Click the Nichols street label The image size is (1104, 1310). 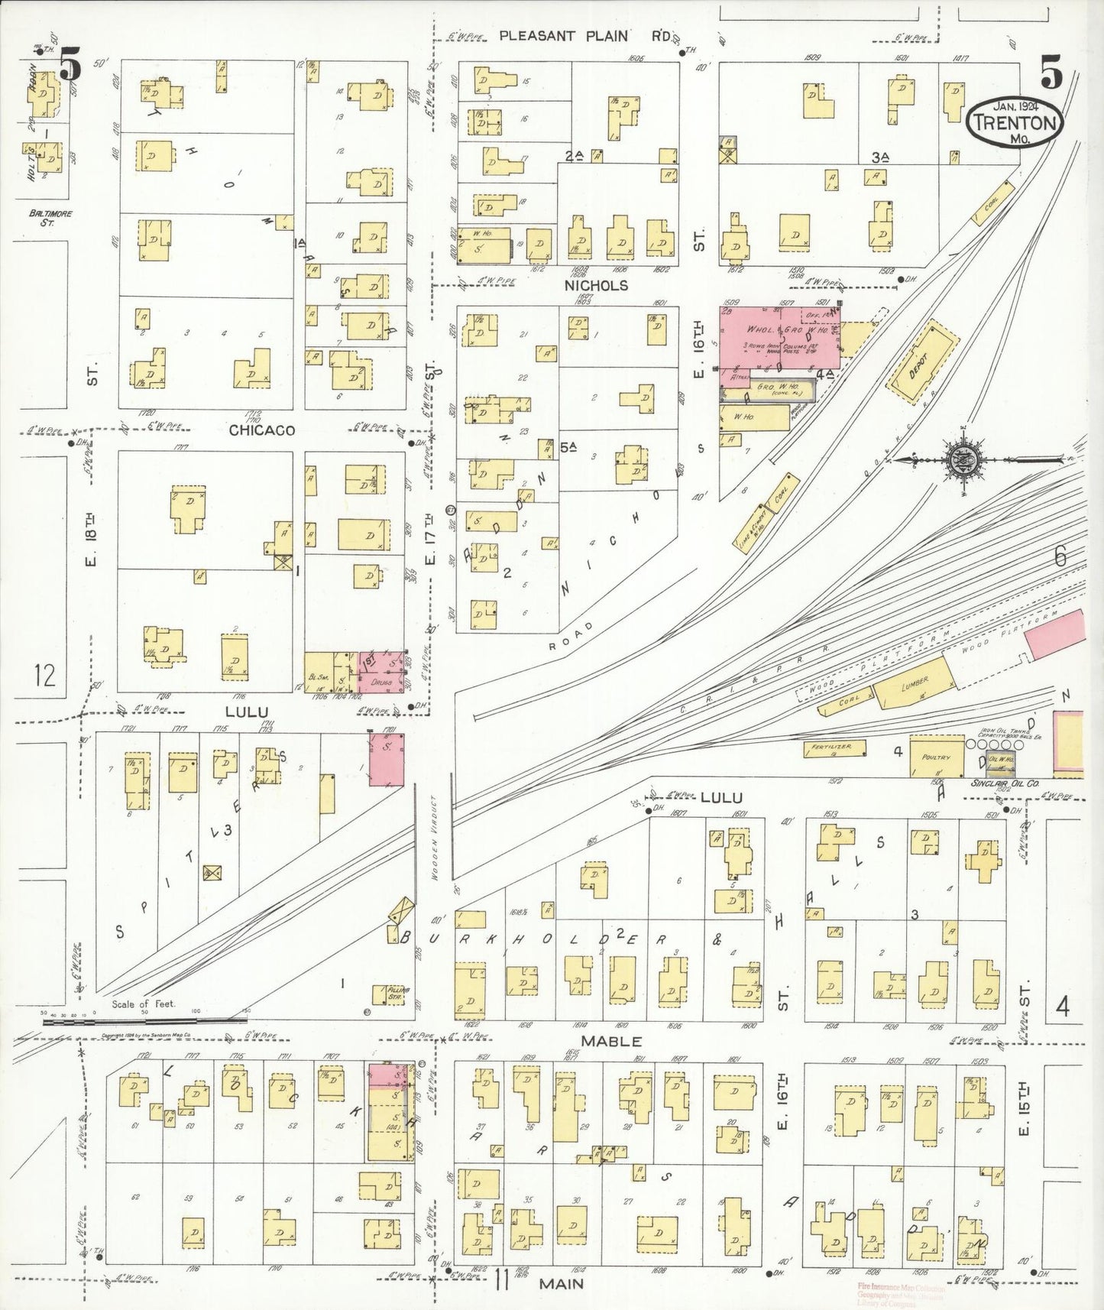(x=596, y=285)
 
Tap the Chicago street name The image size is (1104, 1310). (x=262, y=430)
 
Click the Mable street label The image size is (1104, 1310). (x=611, y=1041)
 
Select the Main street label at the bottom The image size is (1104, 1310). (x=562, y=1283)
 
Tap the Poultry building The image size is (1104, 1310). (x=936, y=756)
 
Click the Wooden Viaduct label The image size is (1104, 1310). (x=433, y=838)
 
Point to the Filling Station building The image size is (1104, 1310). (x=390, y=994)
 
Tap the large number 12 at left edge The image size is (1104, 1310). (x=45, y=675)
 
